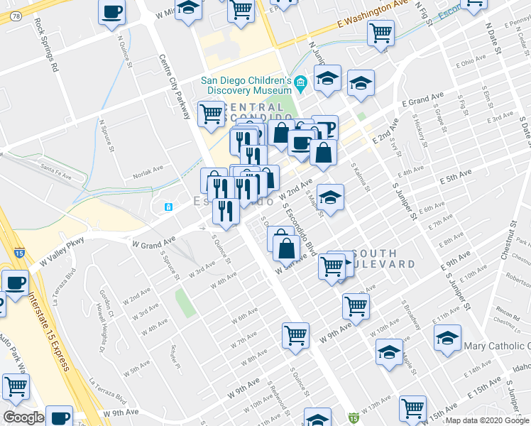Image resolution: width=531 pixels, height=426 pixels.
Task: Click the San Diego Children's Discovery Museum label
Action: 246,85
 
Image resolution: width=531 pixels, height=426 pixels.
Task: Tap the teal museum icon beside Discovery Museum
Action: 300,84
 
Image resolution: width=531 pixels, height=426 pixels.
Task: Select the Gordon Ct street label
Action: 107,302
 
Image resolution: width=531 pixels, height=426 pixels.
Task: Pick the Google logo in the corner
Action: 23,417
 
